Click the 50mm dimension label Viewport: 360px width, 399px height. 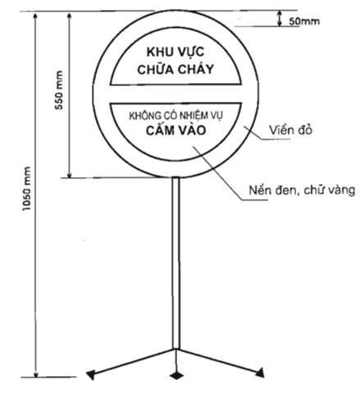[x=304, y=21]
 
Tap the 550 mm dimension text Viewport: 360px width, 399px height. [x=59, y=90]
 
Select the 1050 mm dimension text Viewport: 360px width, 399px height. [x=27, y=189]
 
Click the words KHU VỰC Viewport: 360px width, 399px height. [x=175, y=53]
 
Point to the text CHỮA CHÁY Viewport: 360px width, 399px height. [x=175, y=70]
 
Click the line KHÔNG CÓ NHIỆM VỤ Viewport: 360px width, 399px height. [x=175, y=116]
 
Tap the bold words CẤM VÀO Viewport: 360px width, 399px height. [x=175, y=131]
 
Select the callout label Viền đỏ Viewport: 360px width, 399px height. [x=290, y=131]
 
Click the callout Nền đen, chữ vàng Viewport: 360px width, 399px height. [x=302, y=190]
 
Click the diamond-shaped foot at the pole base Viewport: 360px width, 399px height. [x=176, y=375]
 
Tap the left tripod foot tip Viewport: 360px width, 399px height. [x=90, y=375]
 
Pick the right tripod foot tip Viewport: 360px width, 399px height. [x=261, y=373]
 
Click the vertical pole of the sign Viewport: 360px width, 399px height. [x=176, y=263]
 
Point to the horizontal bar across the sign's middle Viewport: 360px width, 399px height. [x=175, y=94]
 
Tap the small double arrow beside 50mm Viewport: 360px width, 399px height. [x=280, y=19]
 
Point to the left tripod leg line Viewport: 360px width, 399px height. [x=133, y=361]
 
